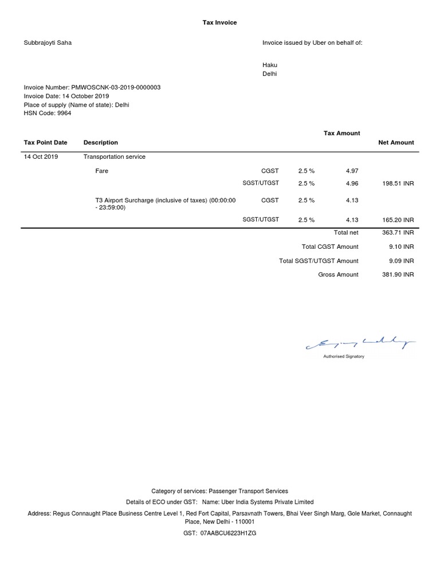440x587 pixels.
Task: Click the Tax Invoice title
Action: (x=219, y=22)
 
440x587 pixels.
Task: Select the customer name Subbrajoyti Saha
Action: (x=48, y=42)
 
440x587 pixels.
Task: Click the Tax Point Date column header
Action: (x=45, y=142)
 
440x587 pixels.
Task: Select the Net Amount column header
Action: (x=396, y=142)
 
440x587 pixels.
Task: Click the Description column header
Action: (x=101, y=142)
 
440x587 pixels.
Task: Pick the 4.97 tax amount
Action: (x=352, y=171)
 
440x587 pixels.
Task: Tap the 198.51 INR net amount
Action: (x=398, y=184)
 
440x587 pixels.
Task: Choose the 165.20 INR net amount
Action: (x=398, y=220)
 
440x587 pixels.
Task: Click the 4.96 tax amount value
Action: (x=352, y=184)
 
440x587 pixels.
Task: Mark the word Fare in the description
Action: (x=101, y=171)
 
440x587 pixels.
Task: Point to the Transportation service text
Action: (x=115, y=156)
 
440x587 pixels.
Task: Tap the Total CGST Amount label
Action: (x=330, y=246)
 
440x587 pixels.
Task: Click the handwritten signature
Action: (x=361, y=343)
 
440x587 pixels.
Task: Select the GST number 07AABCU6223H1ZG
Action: (x=227, y=533)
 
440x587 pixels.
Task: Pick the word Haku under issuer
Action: (x=269, y=65)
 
